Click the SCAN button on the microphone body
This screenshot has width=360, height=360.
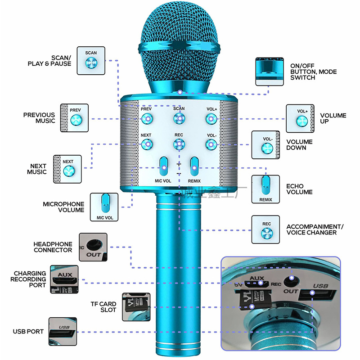click(179, 119)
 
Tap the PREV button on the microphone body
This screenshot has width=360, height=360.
click(146, 119)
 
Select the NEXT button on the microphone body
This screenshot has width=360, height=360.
click(146, 144)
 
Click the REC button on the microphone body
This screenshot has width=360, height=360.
click(179, 144)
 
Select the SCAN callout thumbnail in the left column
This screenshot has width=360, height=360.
click(91, 61)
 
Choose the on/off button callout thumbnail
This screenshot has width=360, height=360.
click(269, 71)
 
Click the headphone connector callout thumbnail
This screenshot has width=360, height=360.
click(93, 247)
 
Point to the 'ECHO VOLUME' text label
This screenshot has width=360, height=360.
click(299, 189)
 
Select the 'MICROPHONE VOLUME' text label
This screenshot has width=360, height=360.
click(63, 207)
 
